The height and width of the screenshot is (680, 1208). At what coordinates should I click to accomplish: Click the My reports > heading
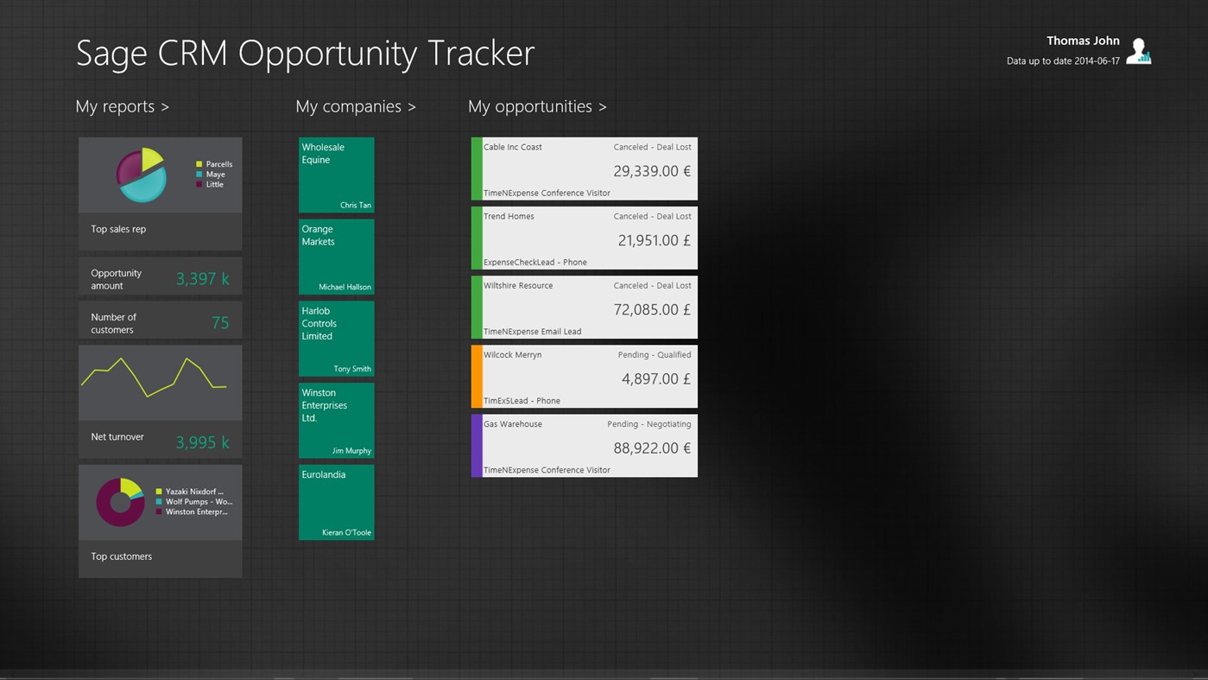[122, 106]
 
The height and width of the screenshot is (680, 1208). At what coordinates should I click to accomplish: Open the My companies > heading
[355, 106]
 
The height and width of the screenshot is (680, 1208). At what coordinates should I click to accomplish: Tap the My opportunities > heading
[536, 106]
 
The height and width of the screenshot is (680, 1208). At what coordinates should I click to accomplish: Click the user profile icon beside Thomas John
[1139, 51]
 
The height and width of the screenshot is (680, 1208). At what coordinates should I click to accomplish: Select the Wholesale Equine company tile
[336, 175]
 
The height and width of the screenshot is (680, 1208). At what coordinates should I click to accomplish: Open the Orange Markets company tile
[336, 257]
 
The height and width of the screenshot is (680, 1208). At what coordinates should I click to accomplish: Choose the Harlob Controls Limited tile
[336, 339]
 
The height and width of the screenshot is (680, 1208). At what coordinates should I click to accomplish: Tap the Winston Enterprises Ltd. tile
[336, 420]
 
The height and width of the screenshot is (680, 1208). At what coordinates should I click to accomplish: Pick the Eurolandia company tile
[336, 502]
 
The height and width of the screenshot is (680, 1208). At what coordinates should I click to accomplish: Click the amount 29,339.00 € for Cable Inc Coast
[651, 171]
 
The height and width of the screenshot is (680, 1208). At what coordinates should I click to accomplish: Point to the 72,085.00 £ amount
[651, 309]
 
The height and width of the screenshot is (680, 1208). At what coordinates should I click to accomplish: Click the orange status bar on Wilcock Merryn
[477, 377]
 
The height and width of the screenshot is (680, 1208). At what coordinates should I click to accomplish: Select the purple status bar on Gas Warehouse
[477, 446]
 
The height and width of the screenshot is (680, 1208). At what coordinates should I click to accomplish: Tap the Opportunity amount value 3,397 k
[202, 278]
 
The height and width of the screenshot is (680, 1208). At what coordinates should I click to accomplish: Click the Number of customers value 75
[220, 322]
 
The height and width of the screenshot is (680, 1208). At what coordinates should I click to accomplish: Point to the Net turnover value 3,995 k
[202, 442]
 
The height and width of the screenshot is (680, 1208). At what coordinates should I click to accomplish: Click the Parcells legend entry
[218, 164]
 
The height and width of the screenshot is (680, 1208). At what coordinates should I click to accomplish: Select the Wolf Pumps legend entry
[198, 501]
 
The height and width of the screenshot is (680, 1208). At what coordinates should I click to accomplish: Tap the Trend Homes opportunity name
[509, 216]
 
